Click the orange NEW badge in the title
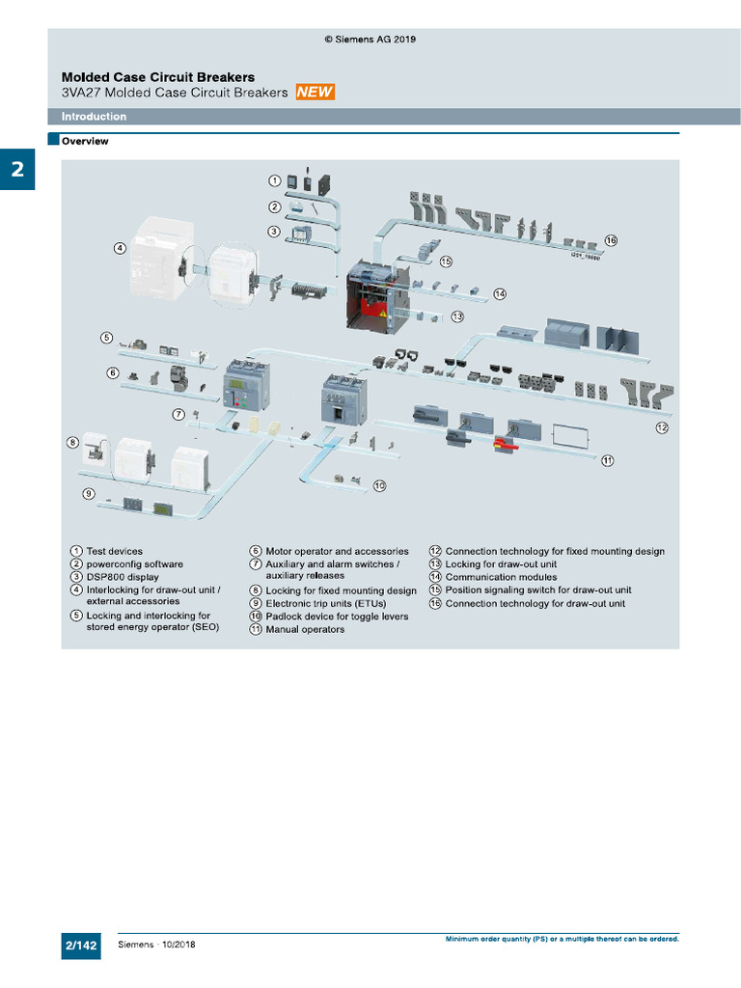315,93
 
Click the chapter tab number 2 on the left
17,171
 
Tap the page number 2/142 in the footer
81,946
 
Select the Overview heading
85,141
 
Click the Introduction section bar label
94,117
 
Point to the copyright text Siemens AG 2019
370,40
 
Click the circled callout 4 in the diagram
120,248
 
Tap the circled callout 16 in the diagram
610,240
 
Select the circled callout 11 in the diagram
607,460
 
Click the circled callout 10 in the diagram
379,485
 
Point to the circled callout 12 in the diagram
661,426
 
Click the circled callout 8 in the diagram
72,443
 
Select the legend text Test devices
114,552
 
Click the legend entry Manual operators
305,630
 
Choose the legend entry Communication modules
501,577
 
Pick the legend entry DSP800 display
123,577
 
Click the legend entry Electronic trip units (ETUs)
325,604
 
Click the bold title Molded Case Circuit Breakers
158,77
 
